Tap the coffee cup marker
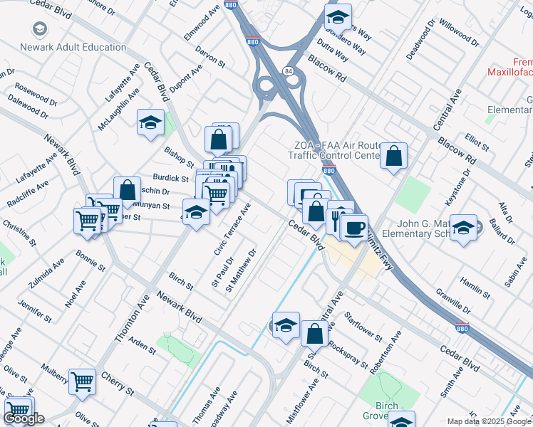click(354, 227)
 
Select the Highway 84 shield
click(287, 71)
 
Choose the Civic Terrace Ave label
click(233, 229)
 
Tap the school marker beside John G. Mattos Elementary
click(464, 228)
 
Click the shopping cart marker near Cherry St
click(83, 381)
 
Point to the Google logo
click(24, 418)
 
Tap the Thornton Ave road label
click(130, 317)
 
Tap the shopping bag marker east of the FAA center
click(393, 157)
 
